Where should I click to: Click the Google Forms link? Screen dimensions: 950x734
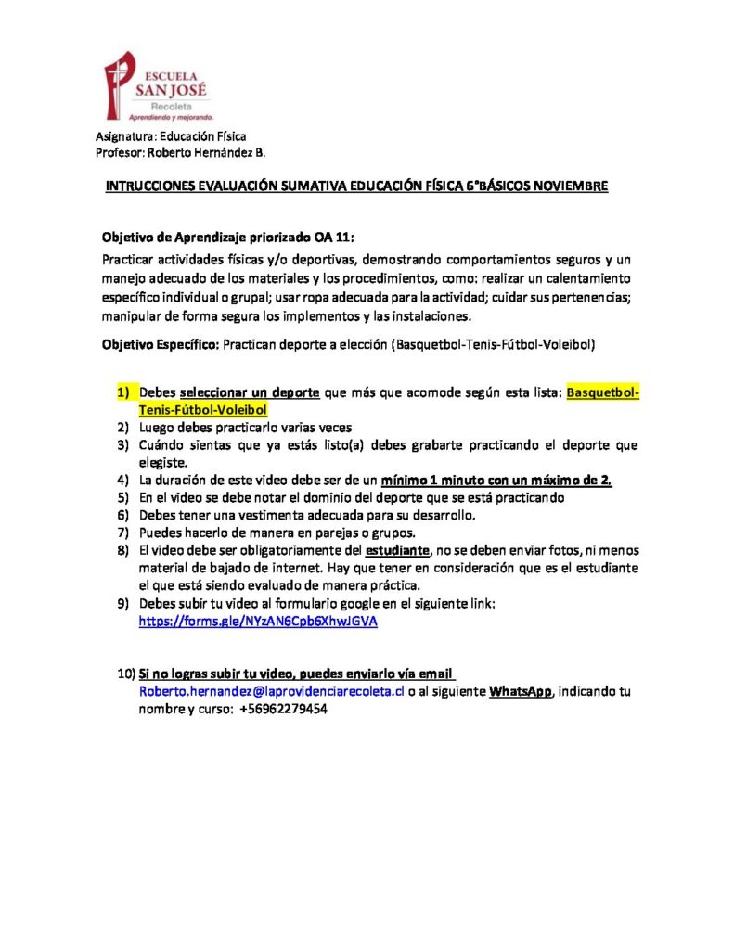pos(258,623)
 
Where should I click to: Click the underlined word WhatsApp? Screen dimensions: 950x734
pos(521,692)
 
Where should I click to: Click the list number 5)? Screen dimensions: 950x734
pos(122,497)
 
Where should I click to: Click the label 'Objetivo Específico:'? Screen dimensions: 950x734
pos(159,344)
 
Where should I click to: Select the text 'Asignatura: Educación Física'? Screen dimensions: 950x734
pos(170,136)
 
